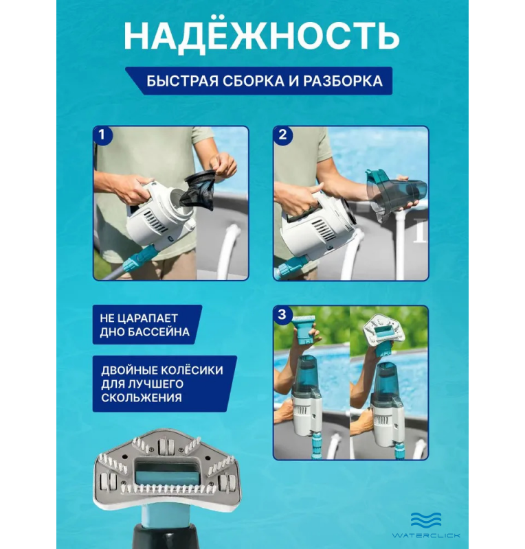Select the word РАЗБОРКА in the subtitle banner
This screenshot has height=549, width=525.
click(343, 81)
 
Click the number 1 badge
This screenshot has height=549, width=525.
click(102, 135)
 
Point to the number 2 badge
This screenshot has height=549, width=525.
click(282, 135)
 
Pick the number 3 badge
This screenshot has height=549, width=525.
click(282, 314)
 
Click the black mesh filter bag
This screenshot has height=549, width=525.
click(197, 190)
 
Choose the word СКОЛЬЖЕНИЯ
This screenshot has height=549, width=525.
click(142, 398)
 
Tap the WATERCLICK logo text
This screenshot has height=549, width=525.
click(426, 535)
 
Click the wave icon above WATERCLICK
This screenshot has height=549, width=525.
click(426, 520)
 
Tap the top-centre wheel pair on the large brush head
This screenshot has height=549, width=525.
click(165, 446)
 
